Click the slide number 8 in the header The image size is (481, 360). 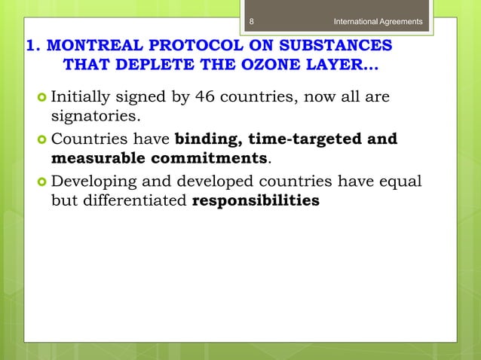click(253, 21)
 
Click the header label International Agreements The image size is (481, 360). click(378, 21)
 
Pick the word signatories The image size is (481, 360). click(95, 116)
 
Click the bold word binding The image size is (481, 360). click(208, 140)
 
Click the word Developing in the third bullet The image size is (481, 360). click(95, 183)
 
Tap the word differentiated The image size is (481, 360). click(135, 202)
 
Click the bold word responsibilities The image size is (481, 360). click(256, 202)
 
